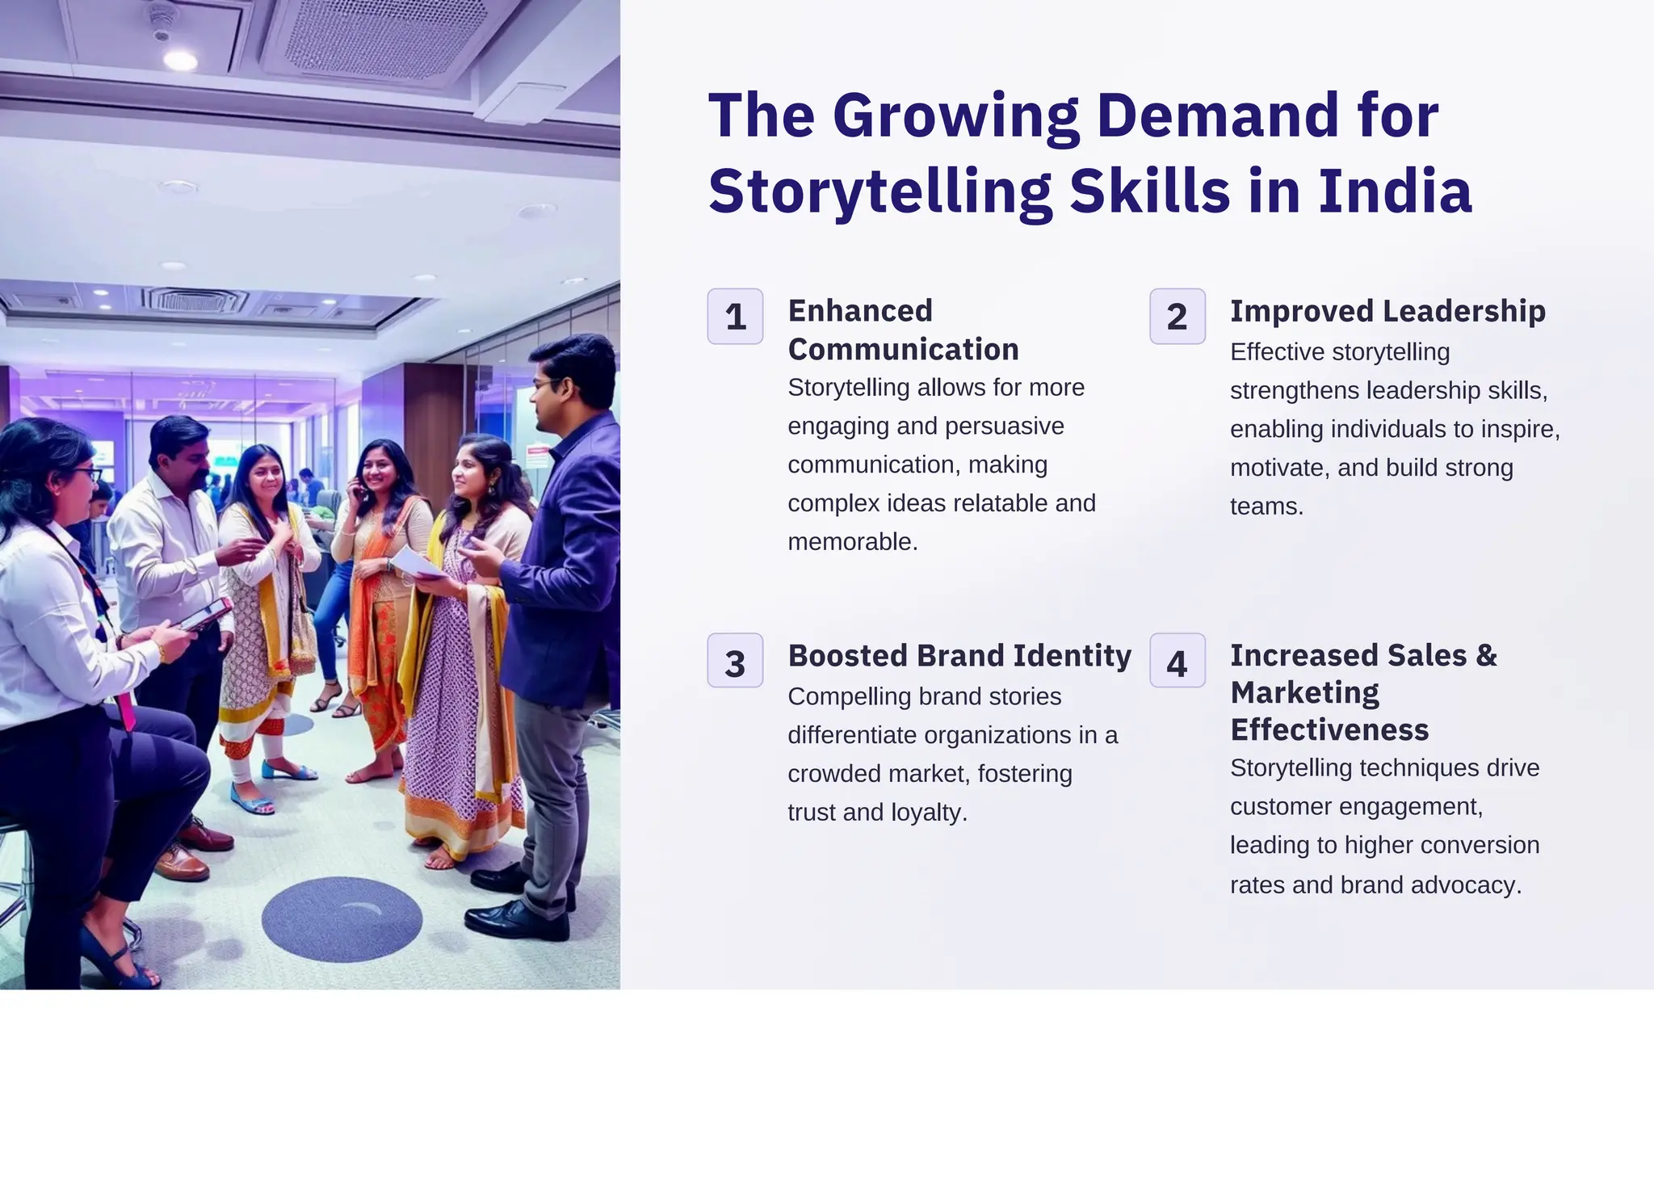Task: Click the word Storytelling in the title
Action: [x=879, y=192]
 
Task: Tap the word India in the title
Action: [x=1395, y=192]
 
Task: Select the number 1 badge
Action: [x=735, y=317]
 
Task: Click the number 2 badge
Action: [x=1177, y=317]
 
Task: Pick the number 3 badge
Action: [x=735, y=662]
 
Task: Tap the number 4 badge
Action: [x=1177, y=662]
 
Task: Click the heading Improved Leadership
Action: [x=1387, y=311]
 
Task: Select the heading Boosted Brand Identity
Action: [x=959, y=655]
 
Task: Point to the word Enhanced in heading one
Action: [x=860, y=311]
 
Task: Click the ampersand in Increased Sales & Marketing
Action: [x=1486, y=655]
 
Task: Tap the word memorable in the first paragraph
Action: [x=851, y=541]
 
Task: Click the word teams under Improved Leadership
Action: [x=1266, y=506]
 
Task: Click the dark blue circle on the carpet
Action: [x=342, y=919]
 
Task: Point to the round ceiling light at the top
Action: [x=179, y=60]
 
